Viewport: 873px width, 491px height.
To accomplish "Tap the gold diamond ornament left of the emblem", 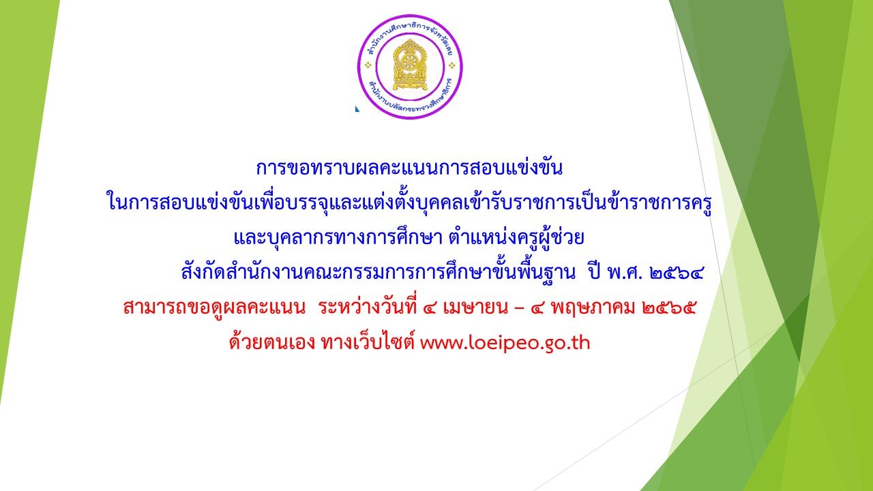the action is click(x=368, y=65).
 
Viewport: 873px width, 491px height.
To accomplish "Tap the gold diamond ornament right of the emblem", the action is click(x=452, y=65).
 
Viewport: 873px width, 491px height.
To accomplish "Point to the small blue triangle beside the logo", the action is click(x=357, y=108).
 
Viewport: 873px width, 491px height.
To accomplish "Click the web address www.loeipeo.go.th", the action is click(x=505, y=343).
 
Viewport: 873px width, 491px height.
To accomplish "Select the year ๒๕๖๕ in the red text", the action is click(x=669, y=308).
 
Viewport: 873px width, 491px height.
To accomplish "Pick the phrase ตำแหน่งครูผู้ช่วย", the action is click(x=516, y=237).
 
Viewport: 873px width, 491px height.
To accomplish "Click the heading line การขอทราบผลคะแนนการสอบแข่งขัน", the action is click(x=409, y=168).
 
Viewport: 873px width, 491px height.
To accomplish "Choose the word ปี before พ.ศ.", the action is click(x=595, y=271).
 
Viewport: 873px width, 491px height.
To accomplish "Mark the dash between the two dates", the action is click(x=519, y=309).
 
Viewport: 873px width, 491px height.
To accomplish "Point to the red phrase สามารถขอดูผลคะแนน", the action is click(x=214, y=308).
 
